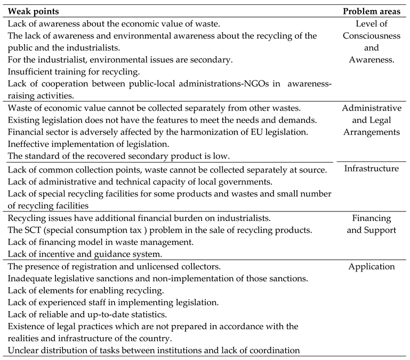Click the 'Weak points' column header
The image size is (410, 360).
point(33,11)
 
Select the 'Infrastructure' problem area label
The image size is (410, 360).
point(372,169)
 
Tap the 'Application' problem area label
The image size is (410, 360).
point(372,267)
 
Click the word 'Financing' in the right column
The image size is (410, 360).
point(372,218)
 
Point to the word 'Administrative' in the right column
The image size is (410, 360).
point(372,108)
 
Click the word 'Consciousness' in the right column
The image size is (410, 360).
point(372,36)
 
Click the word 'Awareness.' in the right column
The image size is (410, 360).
point(372,60)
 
